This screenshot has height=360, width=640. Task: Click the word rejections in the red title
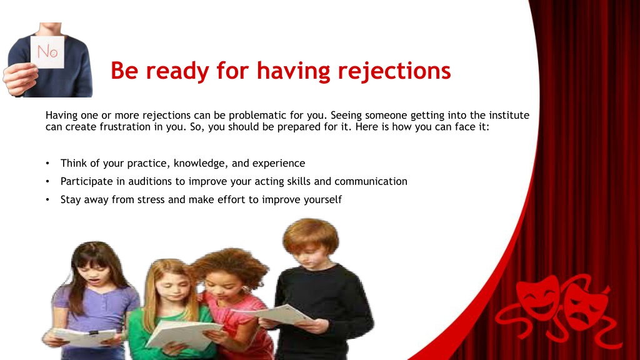click(x=394, y=71)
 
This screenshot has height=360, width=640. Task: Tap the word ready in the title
click(x=177, y=71)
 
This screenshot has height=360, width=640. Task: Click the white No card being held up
click(x=47, y=52)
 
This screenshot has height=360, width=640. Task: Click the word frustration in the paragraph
click(x=125, y=126)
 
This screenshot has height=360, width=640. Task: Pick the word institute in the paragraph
click(x=509, y=115)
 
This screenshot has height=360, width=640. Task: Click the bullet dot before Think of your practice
click(x=47, y=163)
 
